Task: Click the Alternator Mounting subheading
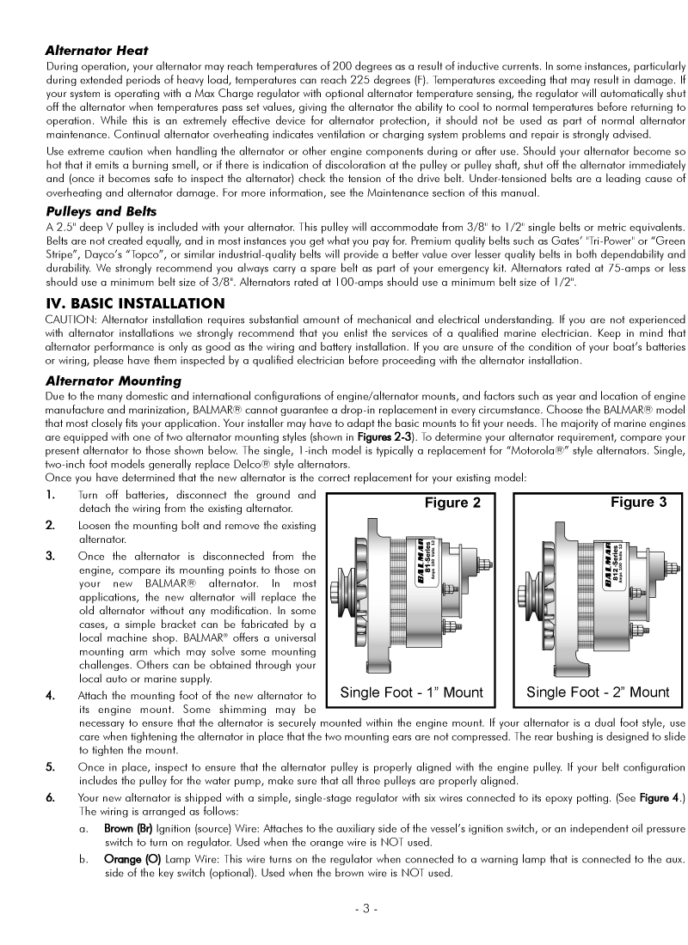pos(113,381)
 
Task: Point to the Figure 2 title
pos(452,503)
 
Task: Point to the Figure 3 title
pos(638,502)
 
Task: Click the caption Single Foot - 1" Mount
pos(412,692)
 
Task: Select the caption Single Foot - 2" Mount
pos(598,692)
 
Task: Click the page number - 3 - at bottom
pos(365,909)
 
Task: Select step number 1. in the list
pos(51,495)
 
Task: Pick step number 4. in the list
pos(51,695)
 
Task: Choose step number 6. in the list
pos(51,797)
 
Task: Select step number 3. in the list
pos(51,556)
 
